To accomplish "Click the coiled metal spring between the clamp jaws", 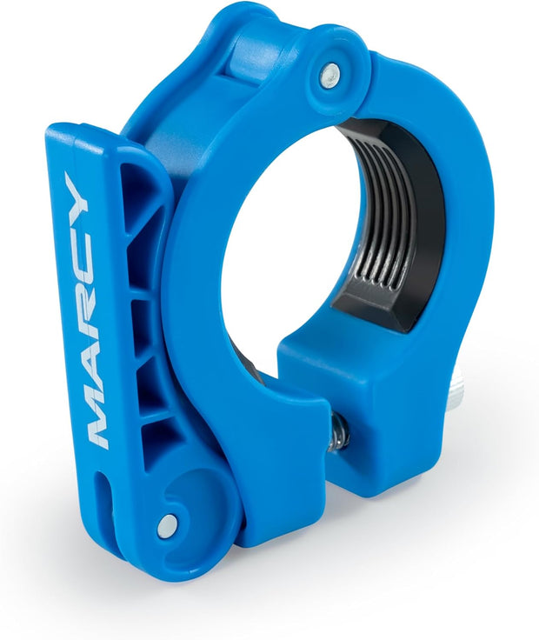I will pyautogui.click(x=341, y=430).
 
